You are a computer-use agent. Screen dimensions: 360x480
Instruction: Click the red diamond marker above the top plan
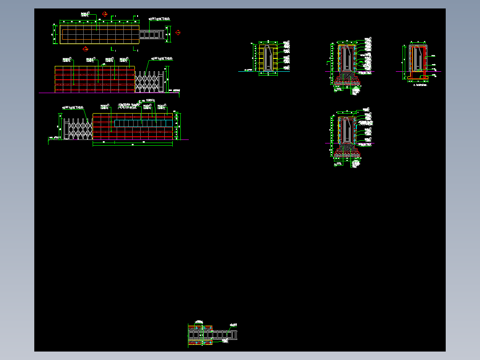click(x=105, y=14)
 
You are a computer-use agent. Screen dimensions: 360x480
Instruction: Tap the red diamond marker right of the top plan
click(x=178, y=33)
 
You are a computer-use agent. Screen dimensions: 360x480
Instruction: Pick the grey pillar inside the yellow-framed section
click(x=268, y=58)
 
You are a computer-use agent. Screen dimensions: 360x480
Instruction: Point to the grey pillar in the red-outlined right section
click(x=417, y=58)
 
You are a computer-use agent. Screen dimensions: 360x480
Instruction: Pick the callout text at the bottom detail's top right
click(x=233, y=324)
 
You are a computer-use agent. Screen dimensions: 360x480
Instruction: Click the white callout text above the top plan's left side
click(x=85, y=15)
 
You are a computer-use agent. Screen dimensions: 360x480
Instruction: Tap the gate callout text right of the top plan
click(x=159, y=19)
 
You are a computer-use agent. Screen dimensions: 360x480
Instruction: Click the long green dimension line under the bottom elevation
click(x=132, y=146)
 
